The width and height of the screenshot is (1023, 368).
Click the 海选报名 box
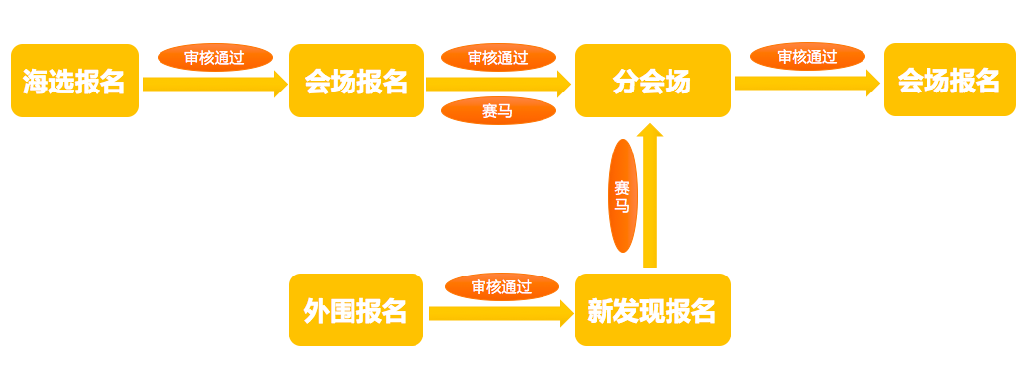75,81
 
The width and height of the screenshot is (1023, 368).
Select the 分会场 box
652,81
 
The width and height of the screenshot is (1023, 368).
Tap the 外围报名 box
356,310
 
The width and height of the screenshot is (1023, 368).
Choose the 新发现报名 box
652,310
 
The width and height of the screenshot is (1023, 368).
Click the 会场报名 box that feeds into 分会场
356,81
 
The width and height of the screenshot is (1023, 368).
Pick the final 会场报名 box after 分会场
949,80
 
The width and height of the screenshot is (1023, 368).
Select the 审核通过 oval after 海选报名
215,58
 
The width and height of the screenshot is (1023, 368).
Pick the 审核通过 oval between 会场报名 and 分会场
498,58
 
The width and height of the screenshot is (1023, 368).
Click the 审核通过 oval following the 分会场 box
807,57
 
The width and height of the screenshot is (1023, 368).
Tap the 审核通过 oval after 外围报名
501,287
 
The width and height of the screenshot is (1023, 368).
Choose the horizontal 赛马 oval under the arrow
498,110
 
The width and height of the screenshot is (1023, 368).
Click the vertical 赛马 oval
623,196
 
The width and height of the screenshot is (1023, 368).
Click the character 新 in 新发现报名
600,311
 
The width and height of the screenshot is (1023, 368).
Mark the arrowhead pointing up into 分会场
650,131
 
